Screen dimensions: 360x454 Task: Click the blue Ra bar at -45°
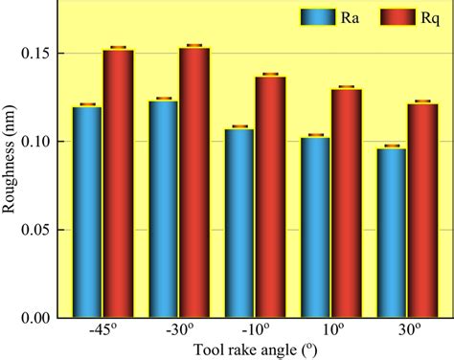click(87, 212)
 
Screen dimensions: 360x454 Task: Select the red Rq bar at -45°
click(118, 183)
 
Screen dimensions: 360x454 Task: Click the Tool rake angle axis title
click(255, 350)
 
